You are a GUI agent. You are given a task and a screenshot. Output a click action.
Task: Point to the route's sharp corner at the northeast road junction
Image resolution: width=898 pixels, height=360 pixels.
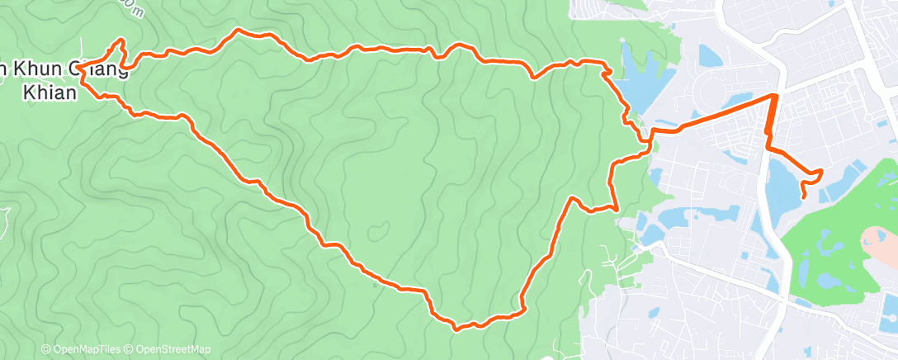coord(775,96)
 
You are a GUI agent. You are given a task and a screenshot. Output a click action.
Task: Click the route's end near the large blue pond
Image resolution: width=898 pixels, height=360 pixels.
coord(804,196)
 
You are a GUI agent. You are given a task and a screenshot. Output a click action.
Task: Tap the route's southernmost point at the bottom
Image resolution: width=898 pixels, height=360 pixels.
coord(456,328)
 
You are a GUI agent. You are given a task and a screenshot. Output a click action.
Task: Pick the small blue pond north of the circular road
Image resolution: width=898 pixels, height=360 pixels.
coord(709,55)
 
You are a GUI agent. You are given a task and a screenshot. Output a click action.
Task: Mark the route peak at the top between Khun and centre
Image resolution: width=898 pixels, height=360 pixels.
coord(239,31)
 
